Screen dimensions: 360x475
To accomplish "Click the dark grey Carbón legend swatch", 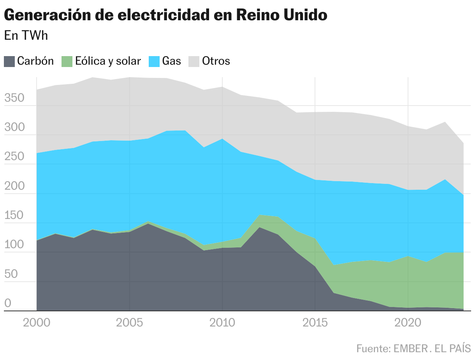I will click(x=9, y=62).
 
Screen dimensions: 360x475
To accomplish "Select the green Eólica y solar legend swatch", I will click(x=67, y=62).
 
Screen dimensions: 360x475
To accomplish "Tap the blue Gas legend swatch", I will click(x=154, y=62).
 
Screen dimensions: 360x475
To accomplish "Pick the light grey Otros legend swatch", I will click(x=194, y=62).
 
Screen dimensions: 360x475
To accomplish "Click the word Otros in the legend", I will click(x=216, y=61).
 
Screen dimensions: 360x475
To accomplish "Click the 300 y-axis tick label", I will click(x=14, y=127).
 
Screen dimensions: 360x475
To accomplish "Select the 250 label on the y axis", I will click(x=14, y=157).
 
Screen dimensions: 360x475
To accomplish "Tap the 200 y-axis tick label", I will click(x=14, y=186).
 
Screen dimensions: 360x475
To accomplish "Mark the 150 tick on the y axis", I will click(x=14, y=215).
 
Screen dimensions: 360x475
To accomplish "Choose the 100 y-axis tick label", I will click(x=14, y=245).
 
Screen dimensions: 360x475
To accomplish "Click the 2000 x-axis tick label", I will click(x=36, y=323).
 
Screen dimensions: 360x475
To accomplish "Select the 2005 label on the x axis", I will click(x=129, y=323).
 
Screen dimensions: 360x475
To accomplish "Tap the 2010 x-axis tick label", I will click(x=222, y=323).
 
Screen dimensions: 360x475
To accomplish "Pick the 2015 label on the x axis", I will click(x=315, y=323).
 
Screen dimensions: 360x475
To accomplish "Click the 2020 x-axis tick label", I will click(x=408, y=323).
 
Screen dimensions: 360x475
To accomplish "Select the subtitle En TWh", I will click(x=26, y=35).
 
